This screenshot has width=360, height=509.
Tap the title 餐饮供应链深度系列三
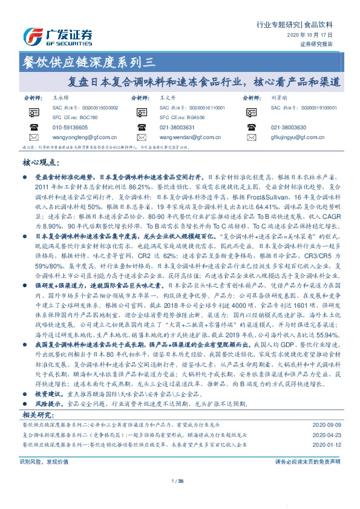(89, 60)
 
